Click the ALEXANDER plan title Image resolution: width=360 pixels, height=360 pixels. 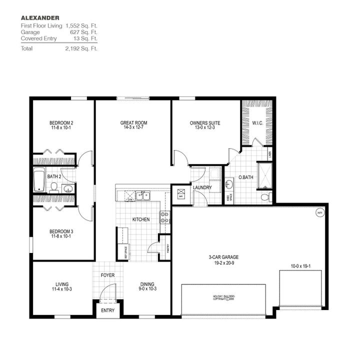pyautogui.click(x=37, y=18)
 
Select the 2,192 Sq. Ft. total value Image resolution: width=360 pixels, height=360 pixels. pyautogui.click(x=81, y=48)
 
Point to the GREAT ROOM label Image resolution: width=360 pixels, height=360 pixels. pyautogui.click(x=133, y=122)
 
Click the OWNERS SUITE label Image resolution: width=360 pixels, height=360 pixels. pyautogui.click(x=204, y=122)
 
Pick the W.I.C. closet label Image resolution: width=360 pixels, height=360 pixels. pyautogui.click(x=258, y=122)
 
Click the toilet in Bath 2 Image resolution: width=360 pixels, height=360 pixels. pyautogui.click(x=54, y=187)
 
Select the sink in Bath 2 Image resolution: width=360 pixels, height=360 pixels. pyautogui.click(x=68, y=188)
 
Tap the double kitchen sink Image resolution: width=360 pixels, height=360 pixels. pyautogui.click(x=143, y=195)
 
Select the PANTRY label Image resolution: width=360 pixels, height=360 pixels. pyautogui.click(x=169, y=248)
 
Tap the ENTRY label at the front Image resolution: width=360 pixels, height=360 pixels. pyautogui.click(x=107, y=310)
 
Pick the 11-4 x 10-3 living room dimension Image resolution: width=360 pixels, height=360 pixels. pyautogui.click(x=62, y=289)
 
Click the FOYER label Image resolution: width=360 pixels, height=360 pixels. pyautogui.click(x=108, y=274)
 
